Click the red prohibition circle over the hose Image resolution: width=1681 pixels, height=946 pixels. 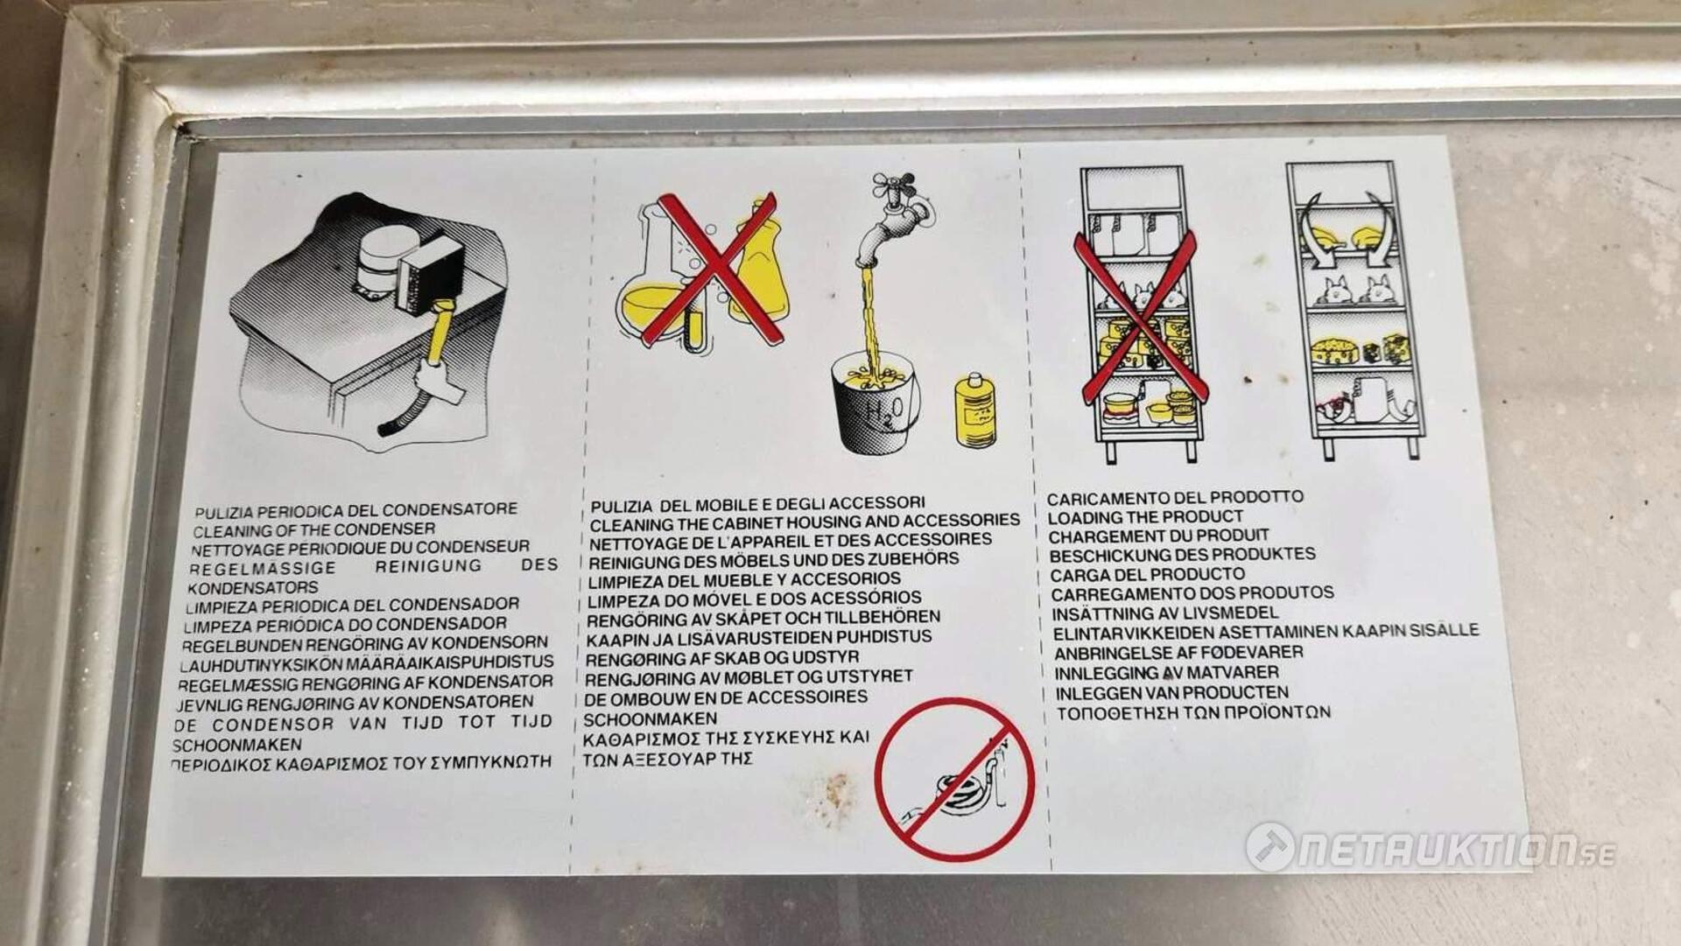pos(954,778)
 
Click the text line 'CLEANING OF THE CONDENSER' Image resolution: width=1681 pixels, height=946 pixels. pos(313,529)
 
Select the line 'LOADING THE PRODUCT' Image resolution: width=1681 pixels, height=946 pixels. pos(1145,516)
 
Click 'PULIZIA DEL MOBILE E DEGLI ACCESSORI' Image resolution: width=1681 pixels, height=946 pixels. pos(757,503)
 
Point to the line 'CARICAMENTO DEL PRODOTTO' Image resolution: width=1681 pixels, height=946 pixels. pos(1175,497)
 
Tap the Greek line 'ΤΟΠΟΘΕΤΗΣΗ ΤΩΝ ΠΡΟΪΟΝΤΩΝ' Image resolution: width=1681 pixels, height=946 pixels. pos(1193,712)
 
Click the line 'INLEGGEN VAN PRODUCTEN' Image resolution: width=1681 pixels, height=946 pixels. pos(1171,692)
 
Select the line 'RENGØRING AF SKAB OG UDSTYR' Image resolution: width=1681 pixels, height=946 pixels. pos(722,657)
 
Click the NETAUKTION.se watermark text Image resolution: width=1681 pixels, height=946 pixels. pos(1457,850)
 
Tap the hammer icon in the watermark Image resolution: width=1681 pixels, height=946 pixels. pos(1270,847)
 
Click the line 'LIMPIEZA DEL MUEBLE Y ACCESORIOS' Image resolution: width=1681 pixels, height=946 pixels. pos(744,579)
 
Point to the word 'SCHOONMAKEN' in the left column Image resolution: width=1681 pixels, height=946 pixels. pos(237,745)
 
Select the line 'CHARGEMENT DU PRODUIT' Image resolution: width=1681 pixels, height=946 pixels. pos(1158,536)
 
